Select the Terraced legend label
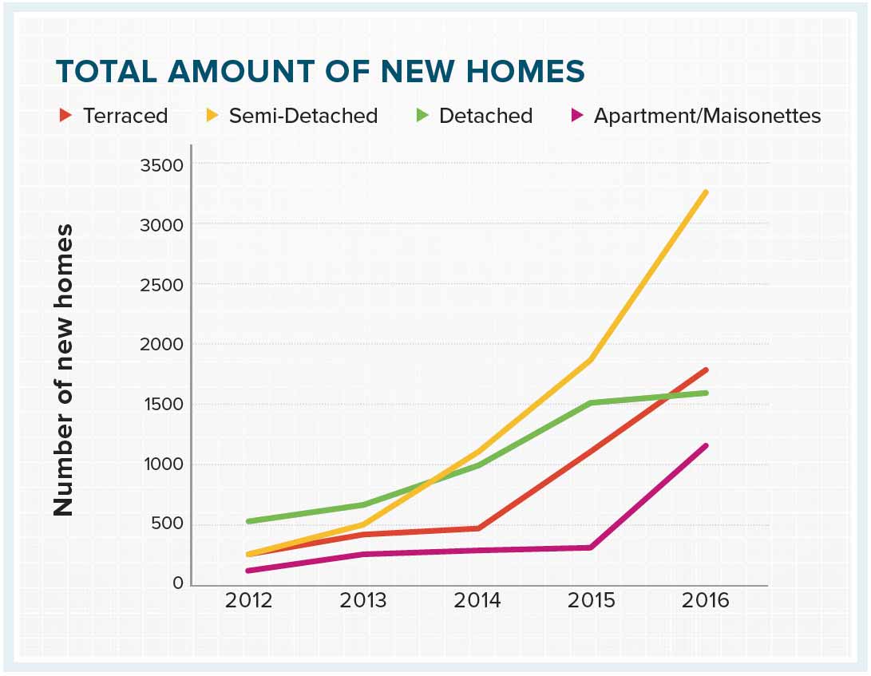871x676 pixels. pos(125,116)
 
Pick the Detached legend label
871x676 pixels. pos(485,116)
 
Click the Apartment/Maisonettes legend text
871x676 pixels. pos(707,116)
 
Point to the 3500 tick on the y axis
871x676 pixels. pos(162,165)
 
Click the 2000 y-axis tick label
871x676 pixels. pos(162,345)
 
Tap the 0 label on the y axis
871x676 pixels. pos(177,584)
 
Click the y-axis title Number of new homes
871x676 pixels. pos(64,370)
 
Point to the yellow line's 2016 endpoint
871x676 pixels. pos(706,192)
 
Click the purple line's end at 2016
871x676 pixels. pos(706,446)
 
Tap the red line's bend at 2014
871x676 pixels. pos(477,528)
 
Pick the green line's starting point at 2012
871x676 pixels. pos(249,521)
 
